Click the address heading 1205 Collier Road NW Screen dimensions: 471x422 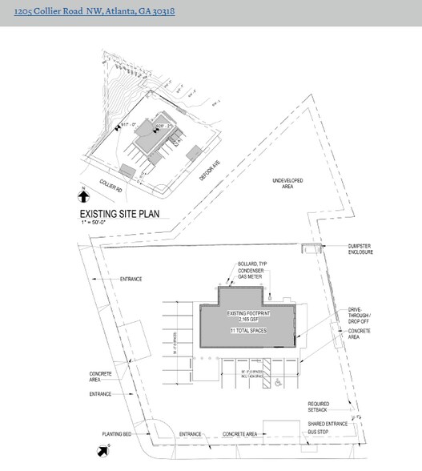pyautogui.click(x=88, y=12)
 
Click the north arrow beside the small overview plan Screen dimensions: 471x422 pyautogui.click(x=83, y=193)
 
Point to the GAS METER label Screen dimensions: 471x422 pyautogui.click(x=251, y=276)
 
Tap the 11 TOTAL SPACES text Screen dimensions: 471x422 pyautogui.click(x=247, y=330)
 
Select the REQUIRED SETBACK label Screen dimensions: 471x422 pyautogui.click(x=319, y=407)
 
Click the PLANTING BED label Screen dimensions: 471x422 pyautogui.click(x=116, y=433)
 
